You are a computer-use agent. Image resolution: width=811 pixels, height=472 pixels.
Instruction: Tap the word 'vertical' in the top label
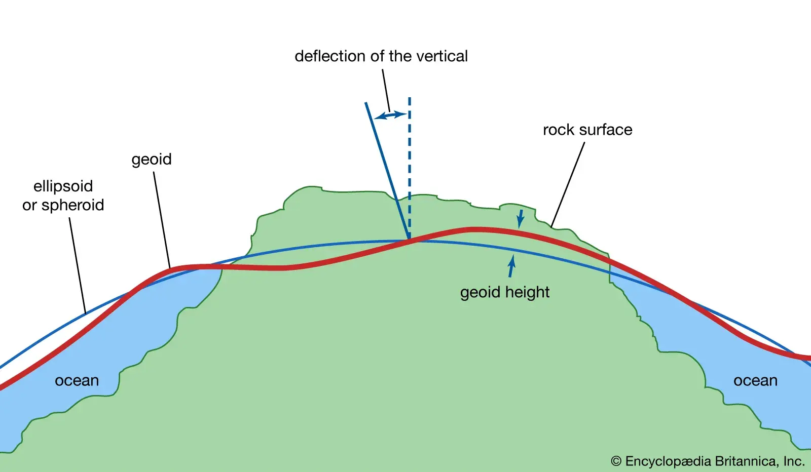(x=441, y=56)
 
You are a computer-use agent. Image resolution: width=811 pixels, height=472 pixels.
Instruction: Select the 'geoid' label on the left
(x=152, y=160)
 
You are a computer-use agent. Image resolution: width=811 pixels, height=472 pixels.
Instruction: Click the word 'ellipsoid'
(x=63, y=186)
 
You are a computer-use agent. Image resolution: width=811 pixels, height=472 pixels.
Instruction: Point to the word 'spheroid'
(x=72, y=205)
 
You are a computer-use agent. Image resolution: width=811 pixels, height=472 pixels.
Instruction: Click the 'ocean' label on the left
(x=77, y=380)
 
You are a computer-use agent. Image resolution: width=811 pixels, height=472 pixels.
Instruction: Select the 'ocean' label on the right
(x=755, y=380)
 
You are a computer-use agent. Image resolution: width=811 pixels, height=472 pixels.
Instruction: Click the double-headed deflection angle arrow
(x=391, y=116)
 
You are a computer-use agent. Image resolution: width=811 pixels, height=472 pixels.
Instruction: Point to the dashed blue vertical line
(x=410, y=167)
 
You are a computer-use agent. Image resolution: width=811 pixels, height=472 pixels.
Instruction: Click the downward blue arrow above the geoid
(x=520, y=219)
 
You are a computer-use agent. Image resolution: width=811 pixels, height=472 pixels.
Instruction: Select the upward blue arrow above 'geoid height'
(x=511, y=266)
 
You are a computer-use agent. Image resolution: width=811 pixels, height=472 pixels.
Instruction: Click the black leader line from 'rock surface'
(x=568, y=184)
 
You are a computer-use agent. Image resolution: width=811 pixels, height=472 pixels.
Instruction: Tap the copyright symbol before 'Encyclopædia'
(x=616, y=461)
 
